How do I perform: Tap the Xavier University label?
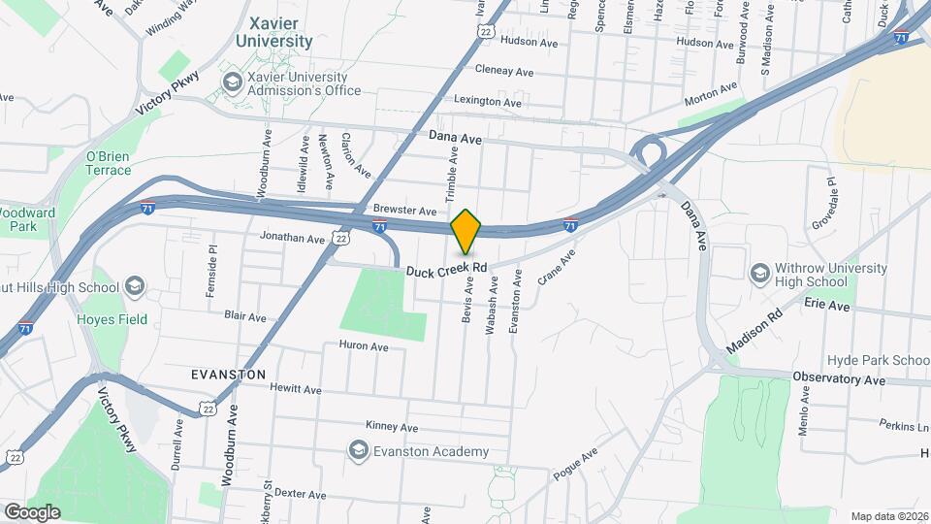coord(280,32)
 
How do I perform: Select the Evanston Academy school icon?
coord(359,451)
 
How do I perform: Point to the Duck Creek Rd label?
coord(447,268)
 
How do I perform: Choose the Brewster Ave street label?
coord(405,211)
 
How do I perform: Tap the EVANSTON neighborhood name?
coord(228,374)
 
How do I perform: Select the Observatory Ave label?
coord(839,378)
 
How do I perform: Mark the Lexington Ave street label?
coord(489,101)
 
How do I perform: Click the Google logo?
coord(32,511)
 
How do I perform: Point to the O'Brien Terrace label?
coord(109,163)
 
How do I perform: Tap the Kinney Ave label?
coord(392,426)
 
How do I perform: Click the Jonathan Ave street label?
coord(292,238)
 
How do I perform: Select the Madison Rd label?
coord(754,331)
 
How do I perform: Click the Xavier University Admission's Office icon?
coord(233,83)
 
